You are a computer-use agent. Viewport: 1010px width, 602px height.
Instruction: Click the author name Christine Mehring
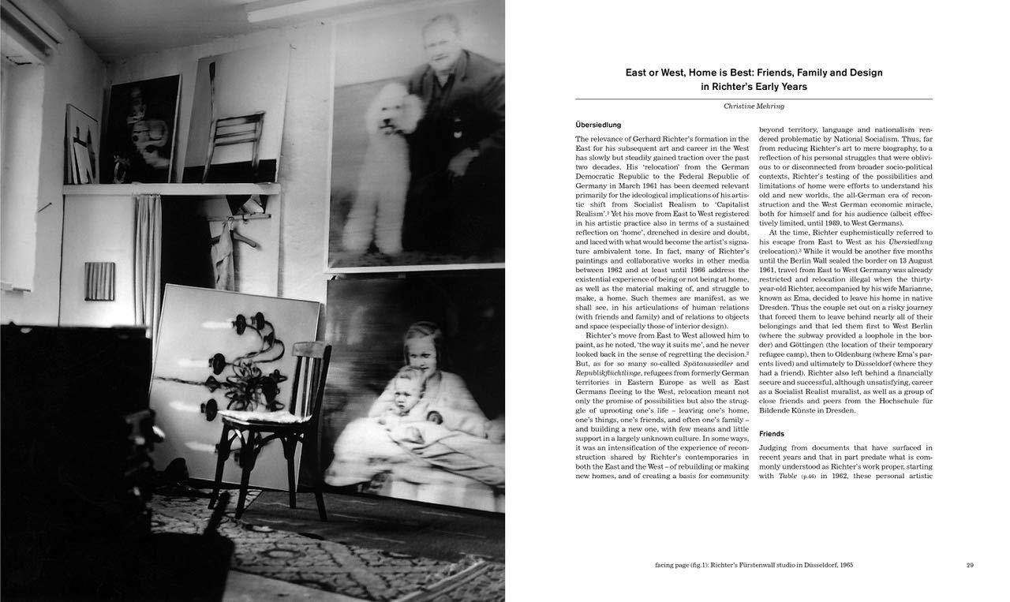pos(754,107)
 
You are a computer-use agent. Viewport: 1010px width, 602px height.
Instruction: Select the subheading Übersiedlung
pos(599,125)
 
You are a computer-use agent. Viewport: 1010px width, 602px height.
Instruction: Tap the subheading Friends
pos(772,434)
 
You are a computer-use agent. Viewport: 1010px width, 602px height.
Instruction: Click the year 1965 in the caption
pos(843,565)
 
